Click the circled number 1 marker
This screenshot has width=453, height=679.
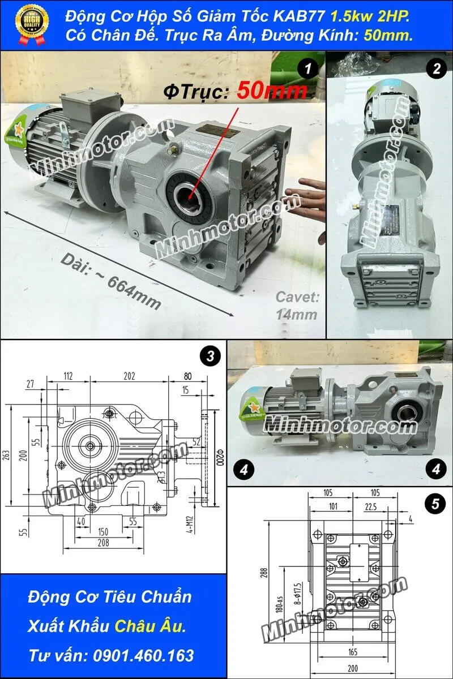pyautogui.click(x=307, y=69)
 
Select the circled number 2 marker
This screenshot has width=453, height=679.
pyautogui.click(x=435, y=69)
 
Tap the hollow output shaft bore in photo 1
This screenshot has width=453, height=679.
pyautogui.click(x=189, y=196)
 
